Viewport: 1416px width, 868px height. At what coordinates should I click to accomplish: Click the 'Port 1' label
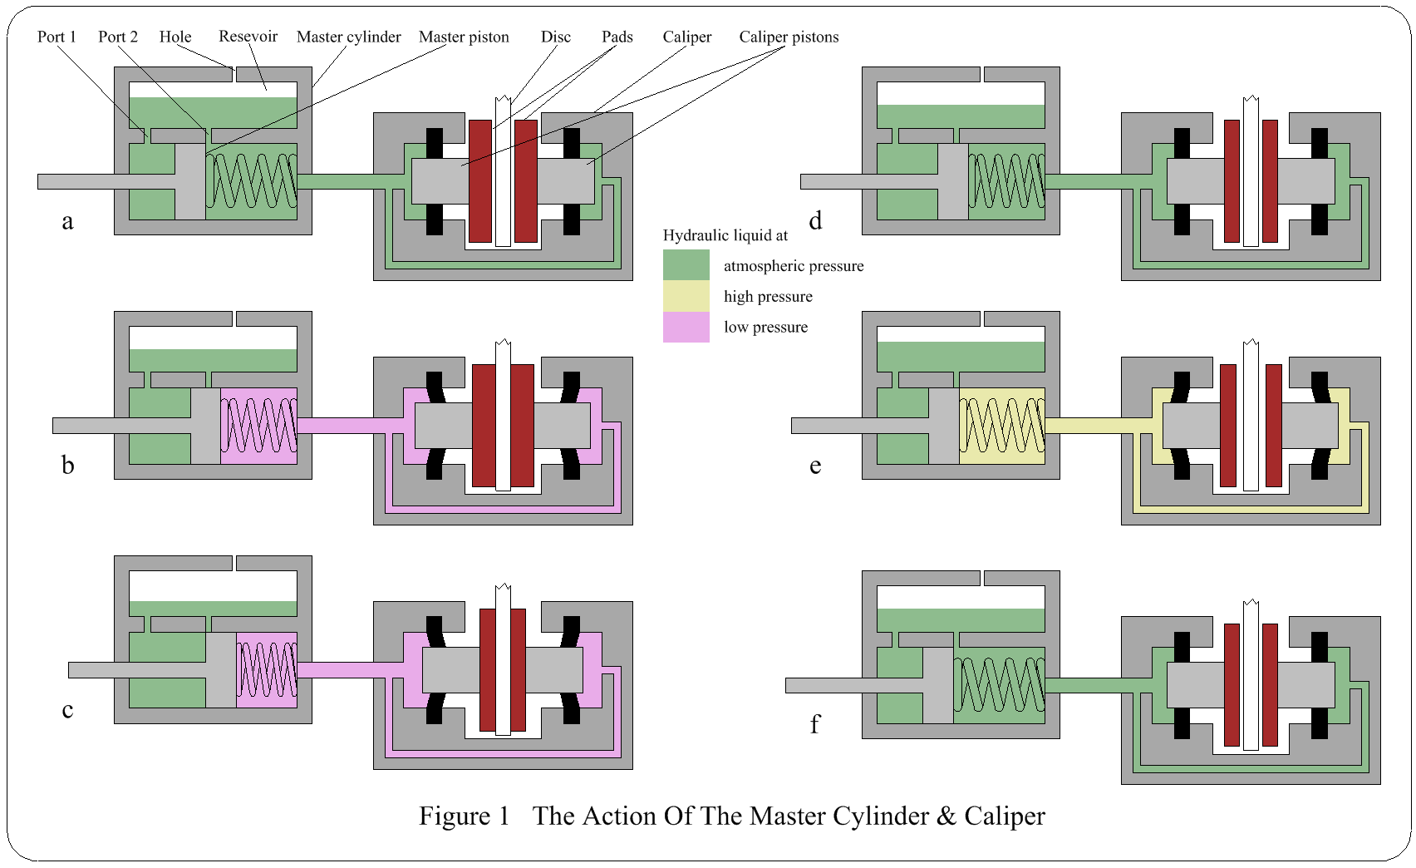57,37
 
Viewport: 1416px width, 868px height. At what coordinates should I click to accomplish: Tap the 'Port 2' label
117,37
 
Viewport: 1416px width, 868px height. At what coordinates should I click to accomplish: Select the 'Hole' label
175,37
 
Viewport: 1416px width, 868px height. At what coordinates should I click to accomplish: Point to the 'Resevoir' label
248,37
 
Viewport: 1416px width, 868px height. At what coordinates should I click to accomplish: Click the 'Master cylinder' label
348,37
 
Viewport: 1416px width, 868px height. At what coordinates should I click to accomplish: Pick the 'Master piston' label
464,37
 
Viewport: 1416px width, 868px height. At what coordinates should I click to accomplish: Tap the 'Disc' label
556,37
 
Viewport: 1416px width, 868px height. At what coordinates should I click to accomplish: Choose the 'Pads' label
617,37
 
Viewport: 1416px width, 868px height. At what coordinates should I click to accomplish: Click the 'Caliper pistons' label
789,37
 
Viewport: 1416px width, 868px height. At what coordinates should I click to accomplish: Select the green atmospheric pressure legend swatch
686,265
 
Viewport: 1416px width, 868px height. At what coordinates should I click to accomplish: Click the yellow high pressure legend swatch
686,296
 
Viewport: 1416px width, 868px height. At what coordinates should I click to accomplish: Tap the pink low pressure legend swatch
686,327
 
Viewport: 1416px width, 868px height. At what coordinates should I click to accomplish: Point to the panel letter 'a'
67,221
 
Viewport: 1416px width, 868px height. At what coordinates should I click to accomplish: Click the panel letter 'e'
815,466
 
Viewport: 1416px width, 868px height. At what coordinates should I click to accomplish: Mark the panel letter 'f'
814,724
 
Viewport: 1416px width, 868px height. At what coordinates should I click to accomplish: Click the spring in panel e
1001,426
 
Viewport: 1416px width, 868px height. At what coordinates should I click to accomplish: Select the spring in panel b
258,426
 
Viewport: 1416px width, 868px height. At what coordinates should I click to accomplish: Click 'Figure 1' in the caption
464,816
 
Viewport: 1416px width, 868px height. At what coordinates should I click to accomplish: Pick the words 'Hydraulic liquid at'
725,235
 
